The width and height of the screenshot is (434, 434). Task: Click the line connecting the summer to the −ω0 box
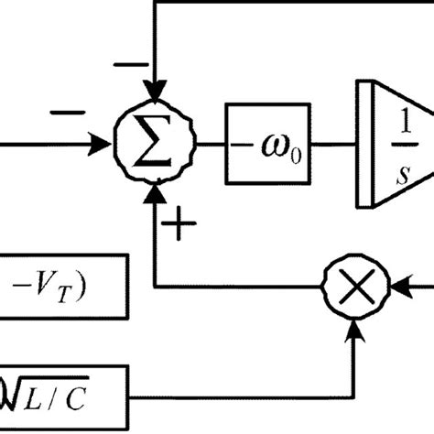pos(210,145)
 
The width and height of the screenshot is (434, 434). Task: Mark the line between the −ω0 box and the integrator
pos(333,145)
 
